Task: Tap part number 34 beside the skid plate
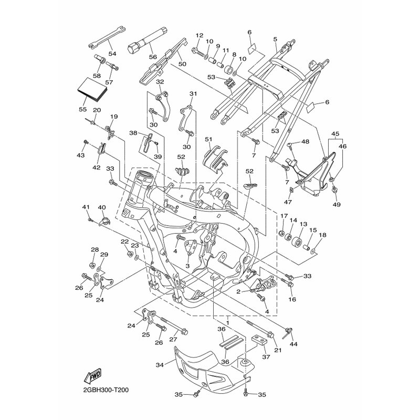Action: (x=160, y=364)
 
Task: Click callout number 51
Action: (x=208, y=139)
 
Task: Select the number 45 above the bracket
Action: (x=335, y=134)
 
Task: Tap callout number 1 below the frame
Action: (x=227, y=323)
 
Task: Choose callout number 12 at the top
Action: (x=199, y=35)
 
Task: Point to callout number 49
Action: (x=337, y=204)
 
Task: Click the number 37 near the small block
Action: (x=266, y=357)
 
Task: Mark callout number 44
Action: (x=293, y=344)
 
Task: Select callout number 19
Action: (x=114, y=117)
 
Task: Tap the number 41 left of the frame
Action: (x=86, y=207)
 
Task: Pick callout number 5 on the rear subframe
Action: (x=275, y=39)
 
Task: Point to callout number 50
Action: (x=182, y=64)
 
